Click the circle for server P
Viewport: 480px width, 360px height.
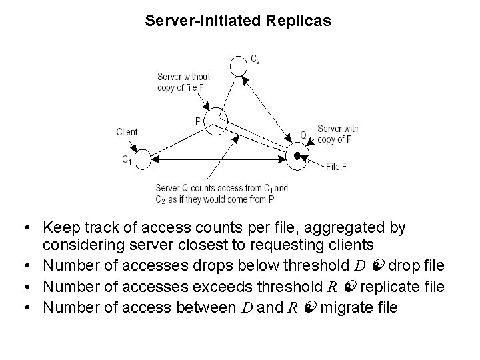(216, 122)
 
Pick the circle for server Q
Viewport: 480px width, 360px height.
(296, 156)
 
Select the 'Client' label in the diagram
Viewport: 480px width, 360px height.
(127, 132)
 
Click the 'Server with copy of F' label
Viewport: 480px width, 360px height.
(337, 134)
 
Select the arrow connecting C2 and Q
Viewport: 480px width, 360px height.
(267, 107)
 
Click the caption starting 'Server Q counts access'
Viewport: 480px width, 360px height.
(221, 193)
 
